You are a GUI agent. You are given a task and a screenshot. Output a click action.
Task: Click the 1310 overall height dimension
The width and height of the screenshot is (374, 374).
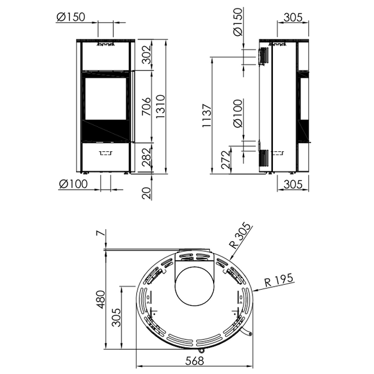coord(160,107)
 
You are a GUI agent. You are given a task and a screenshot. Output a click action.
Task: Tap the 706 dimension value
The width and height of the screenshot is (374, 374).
coord(147,107)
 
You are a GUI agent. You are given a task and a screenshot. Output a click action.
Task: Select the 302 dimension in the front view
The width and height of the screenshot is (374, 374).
coord(147,54)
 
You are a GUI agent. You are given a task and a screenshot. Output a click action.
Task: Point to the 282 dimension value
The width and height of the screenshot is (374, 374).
coord(147,157)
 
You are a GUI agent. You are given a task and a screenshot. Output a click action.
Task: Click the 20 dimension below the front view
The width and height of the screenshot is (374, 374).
coord(147,193)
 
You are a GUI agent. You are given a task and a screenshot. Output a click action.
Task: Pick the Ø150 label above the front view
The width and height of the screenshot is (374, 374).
coord(71,17)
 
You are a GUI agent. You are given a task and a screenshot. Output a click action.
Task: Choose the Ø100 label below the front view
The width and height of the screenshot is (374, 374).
coord(73,184)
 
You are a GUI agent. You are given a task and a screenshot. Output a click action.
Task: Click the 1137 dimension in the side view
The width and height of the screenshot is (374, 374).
coord(206,115)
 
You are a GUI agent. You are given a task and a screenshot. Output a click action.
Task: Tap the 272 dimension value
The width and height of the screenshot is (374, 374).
coord(226,160)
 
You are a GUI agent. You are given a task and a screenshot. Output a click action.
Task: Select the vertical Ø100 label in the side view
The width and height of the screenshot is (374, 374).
coord(238,114)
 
